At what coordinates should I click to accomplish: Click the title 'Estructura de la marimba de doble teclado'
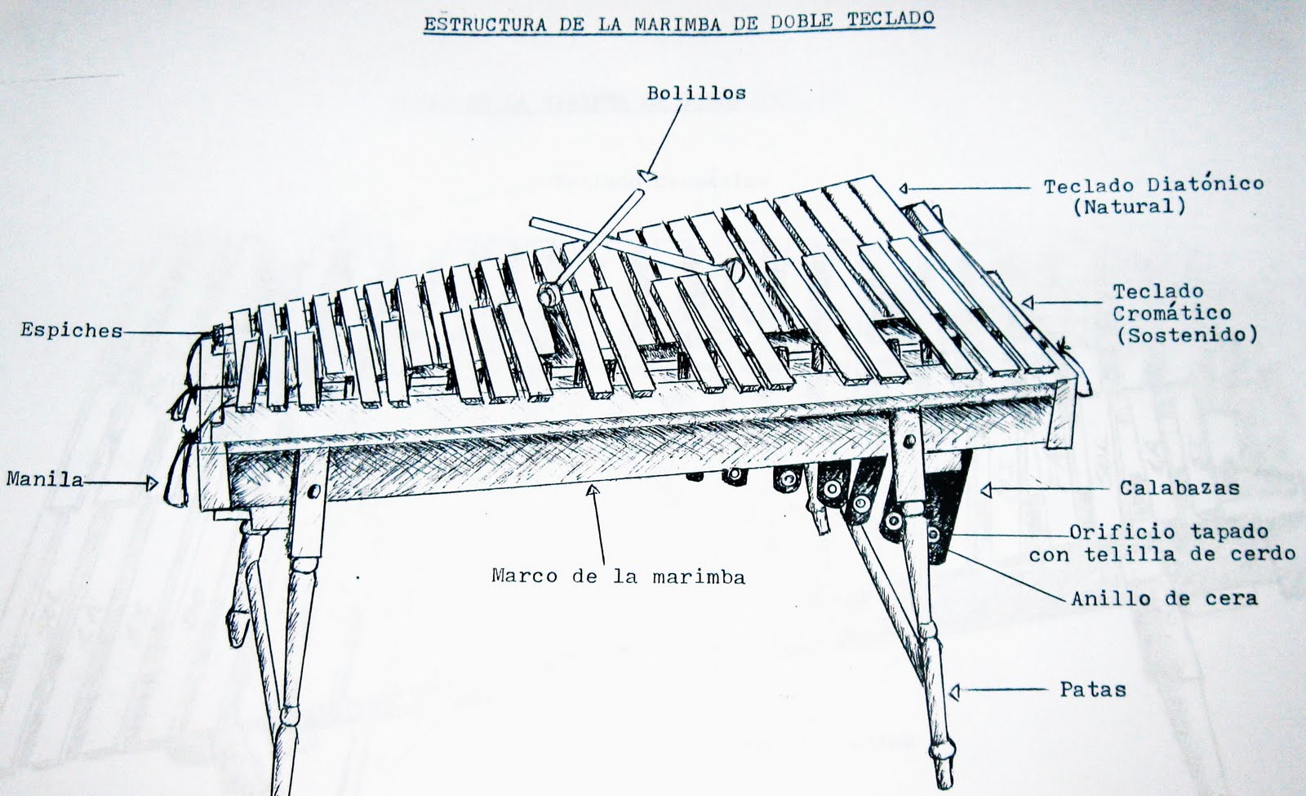pos(679,21)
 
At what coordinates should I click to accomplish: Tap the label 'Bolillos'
pos(696,93)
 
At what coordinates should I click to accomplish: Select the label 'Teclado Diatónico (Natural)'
pos(1153,196)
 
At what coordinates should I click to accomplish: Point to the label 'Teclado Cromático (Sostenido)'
pos(1184,314)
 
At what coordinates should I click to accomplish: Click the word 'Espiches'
pos(72,331)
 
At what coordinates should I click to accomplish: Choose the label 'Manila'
pos(45,479)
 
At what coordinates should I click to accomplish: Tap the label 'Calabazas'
pos(1179,487)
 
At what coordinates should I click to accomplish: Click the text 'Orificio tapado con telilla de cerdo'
pos(1162,543)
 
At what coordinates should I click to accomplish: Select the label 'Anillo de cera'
pos(1164,598)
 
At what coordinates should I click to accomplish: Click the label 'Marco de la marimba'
pos(619,576)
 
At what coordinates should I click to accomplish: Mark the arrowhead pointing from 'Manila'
pos(152,483)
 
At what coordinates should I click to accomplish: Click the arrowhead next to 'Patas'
pos(955,692)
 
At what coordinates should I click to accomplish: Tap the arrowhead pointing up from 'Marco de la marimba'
pos(593,491)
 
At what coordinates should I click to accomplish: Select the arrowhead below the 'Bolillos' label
pos(647,175)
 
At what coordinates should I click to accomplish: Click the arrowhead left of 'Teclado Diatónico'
pos(904,189)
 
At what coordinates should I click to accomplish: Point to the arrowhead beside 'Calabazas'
pos(986,491)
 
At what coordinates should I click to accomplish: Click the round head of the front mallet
pos(548,295)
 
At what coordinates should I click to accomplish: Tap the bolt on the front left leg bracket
pos(314,491)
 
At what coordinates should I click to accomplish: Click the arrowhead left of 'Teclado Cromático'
pos(1028,302)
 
